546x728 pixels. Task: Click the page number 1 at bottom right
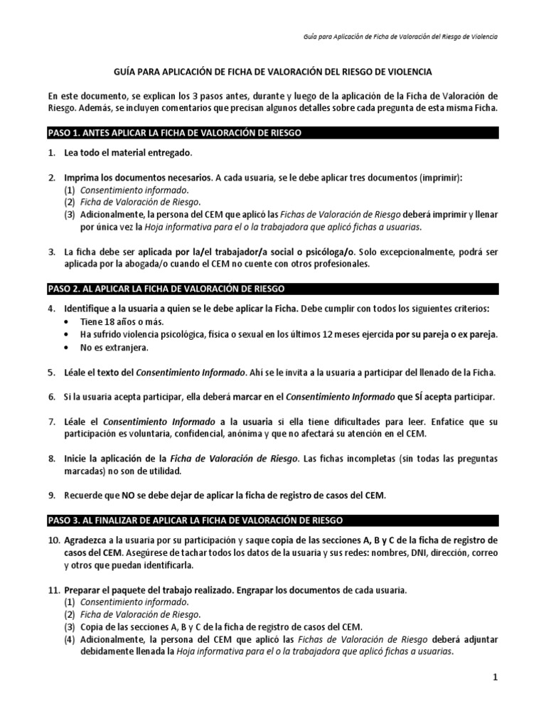tap(496, 678)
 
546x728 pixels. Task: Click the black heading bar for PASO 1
tap(273, 133)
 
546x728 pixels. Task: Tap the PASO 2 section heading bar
tap(273, 289)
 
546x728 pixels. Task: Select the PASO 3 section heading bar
tap(273, 520)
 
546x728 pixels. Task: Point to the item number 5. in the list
tap(52, 373)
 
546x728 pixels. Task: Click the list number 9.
tap(52, 495)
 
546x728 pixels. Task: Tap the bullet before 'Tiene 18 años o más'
tap(67, 321)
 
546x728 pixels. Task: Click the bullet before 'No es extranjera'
tap(67, 348)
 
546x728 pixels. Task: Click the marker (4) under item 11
tap(70, 639)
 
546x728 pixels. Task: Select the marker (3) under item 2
tap(70, 214)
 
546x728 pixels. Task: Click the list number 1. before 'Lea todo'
tap(52, 154)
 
